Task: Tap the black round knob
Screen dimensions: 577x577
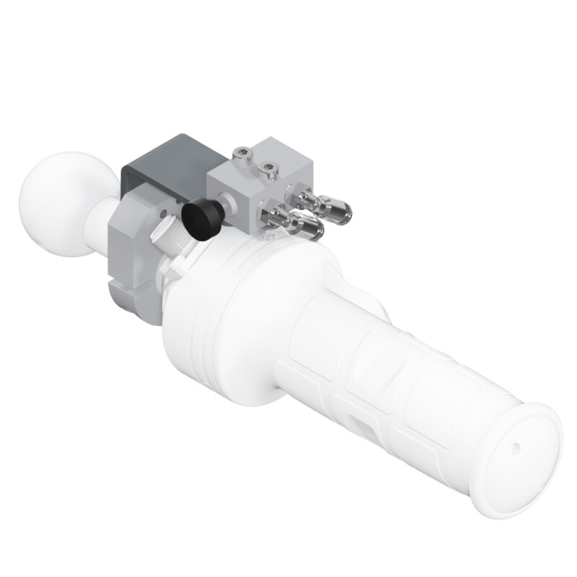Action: (201, 216)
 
